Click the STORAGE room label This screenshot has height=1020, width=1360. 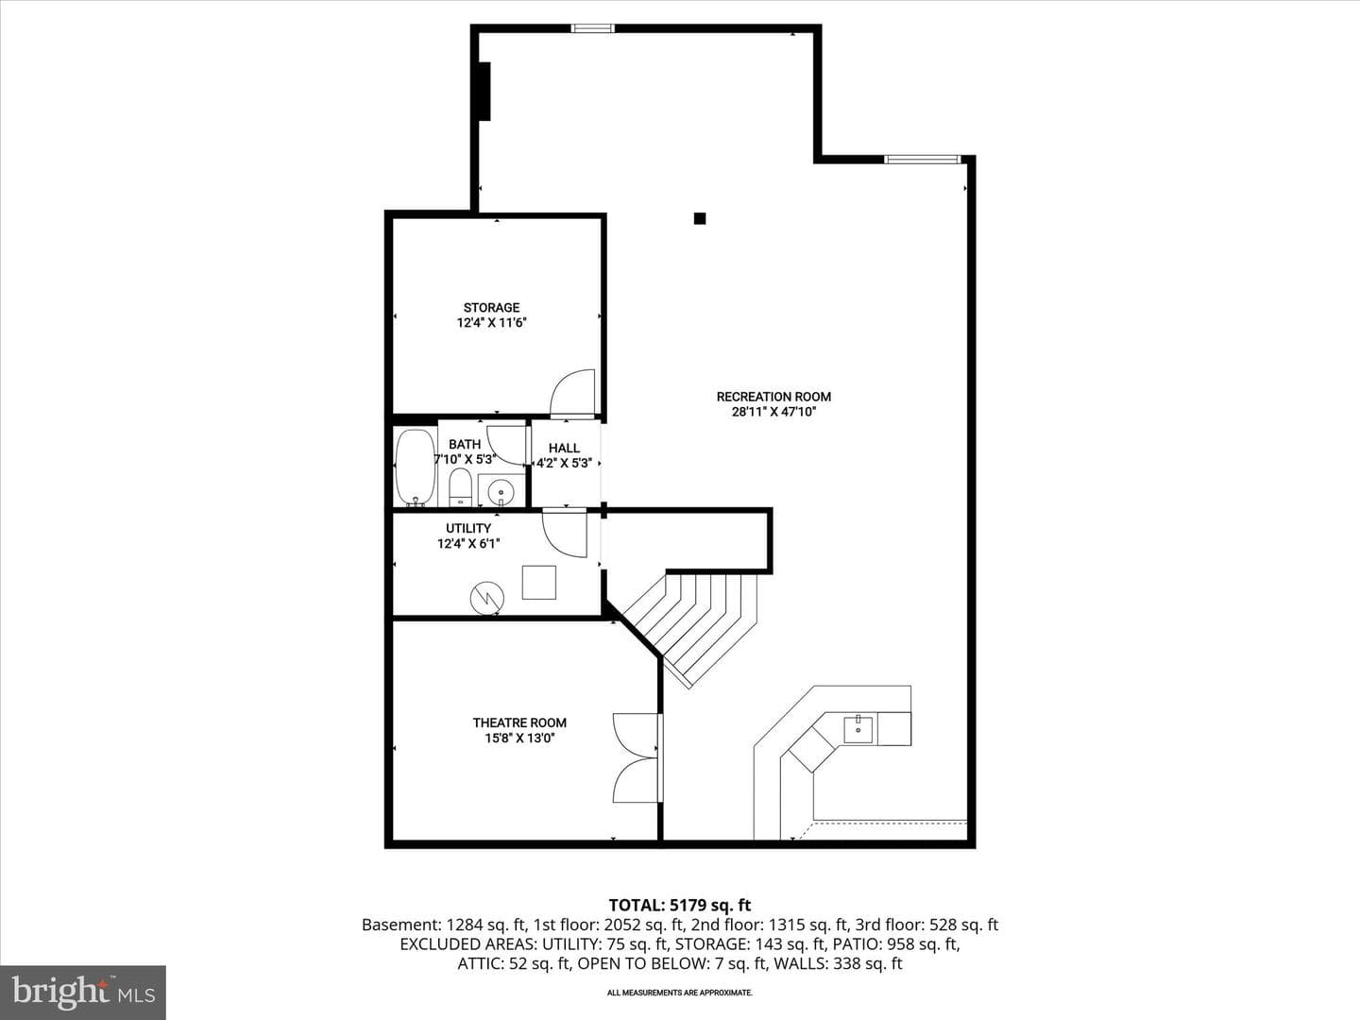[491, 307]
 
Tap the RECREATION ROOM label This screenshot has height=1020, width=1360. [773, 397]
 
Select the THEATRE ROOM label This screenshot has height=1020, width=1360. [519, 722]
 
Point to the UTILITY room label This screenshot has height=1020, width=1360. [468, 528]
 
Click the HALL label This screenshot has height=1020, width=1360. [564, 448]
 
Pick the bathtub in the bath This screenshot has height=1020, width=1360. [416, 467]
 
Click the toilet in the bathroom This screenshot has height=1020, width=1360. [460, 486]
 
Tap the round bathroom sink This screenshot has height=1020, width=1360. [500, 493]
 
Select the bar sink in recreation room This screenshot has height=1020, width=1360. [858, 729]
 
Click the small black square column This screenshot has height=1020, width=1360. [700, 218]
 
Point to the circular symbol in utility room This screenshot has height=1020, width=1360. [487, 598]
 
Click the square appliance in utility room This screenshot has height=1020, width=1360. [538, 582]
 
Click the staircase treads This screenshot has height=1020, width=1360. [695, 625]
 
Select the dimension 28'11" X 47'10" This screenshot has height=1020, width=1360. [773, 412]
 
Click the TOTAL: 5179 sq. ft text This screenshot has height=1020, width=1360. [680, 905]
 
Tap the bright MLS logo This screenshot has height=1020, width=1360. [83, 992]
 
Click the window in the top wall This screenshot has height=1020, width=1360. [592, 28]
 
